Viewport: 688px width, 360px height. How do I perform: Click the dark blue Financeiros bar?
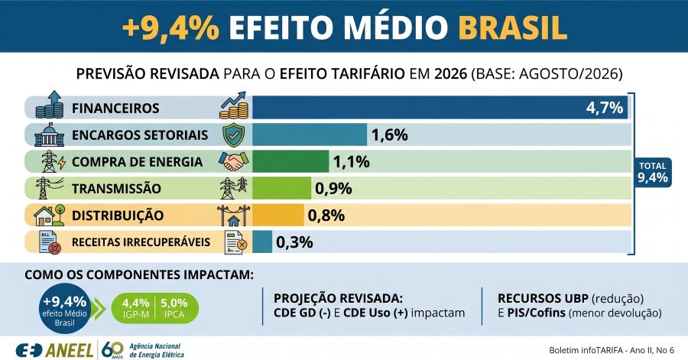[440, 108]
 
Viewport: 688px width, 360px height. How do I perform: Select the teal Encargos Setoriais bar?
[310, 135]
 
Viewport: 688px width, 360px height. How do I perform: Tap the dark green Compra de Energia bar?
[290, 161]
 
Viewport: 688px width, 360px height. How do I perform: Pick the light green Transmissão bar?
[281, 188]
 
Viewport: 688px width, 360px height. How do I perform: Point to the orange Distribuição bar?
[277, 215]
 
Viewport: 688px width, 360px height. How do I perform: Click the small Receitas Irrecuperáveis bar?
[262, 242]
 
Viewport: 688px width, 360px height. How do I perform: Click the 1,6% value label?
[390, 135]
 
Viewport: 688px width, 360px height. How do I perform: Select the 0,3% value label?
[294, 242]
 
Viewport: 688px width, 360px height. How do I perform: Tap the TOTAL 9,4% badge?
[653, 172]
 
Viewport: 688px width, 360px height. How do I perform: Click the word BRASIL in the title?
[512, 28]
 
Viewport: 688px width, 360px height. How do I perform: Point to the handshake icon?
[234, 161]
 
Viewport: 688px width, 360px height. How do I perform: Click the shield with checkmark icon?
[234, 135]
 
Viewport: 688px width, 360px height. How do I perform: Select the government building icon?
[49, 135]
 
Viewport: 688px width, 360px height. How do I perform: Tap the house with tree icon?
[49, 215]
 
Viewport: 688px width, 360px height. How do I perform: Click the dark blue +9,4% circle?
[65, 309]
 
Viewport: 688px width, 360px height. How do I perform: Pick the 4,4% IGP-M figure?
[135, 308]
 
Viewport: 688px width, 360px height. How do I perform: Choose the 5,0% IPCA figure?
[174, 308]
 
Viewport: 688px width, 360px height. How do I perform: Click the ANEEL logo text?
[70, 350]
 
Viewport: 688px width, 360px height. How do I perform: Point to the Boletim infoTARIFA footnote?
[612, 350]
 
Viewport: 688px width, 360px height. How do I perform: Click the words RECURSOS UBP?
[543, 299]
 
